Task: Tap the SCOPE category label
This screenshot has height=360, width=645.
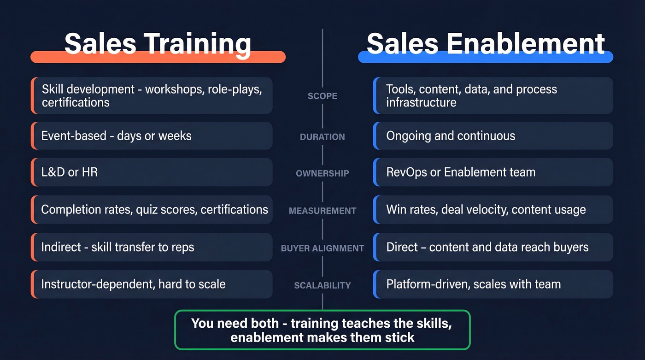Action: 322,96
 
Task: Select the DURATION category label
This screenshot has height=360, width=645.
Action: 322,137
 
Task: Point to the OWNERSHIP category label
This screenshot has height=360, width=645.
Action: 322,173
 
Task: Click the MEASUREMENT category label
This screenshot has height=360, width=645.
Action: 322,211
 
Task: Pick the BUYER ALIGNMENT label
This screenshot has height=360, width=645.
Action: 322,248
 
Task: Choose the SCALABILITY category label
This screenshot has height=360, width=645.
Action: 322,285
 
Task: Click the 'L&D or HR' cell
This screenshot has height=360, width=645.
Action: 152,172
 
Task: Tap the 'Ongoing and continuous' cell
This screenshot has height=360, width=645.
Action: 493,136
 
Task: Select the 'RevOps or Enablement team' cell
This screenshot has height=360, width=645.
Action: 493,172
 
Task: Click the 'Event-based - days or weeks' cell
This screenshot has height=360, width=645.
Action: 152,136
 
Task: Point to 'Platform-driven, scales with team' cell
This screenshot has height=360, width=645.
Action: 493,284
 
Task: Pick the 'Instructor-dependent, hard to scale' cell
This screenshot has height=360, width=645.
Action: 152,284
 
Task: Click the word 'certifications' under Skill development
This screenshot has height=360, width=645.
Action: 76,102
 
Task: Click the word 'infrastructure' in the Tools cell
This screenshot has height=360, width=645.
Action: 421,102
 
